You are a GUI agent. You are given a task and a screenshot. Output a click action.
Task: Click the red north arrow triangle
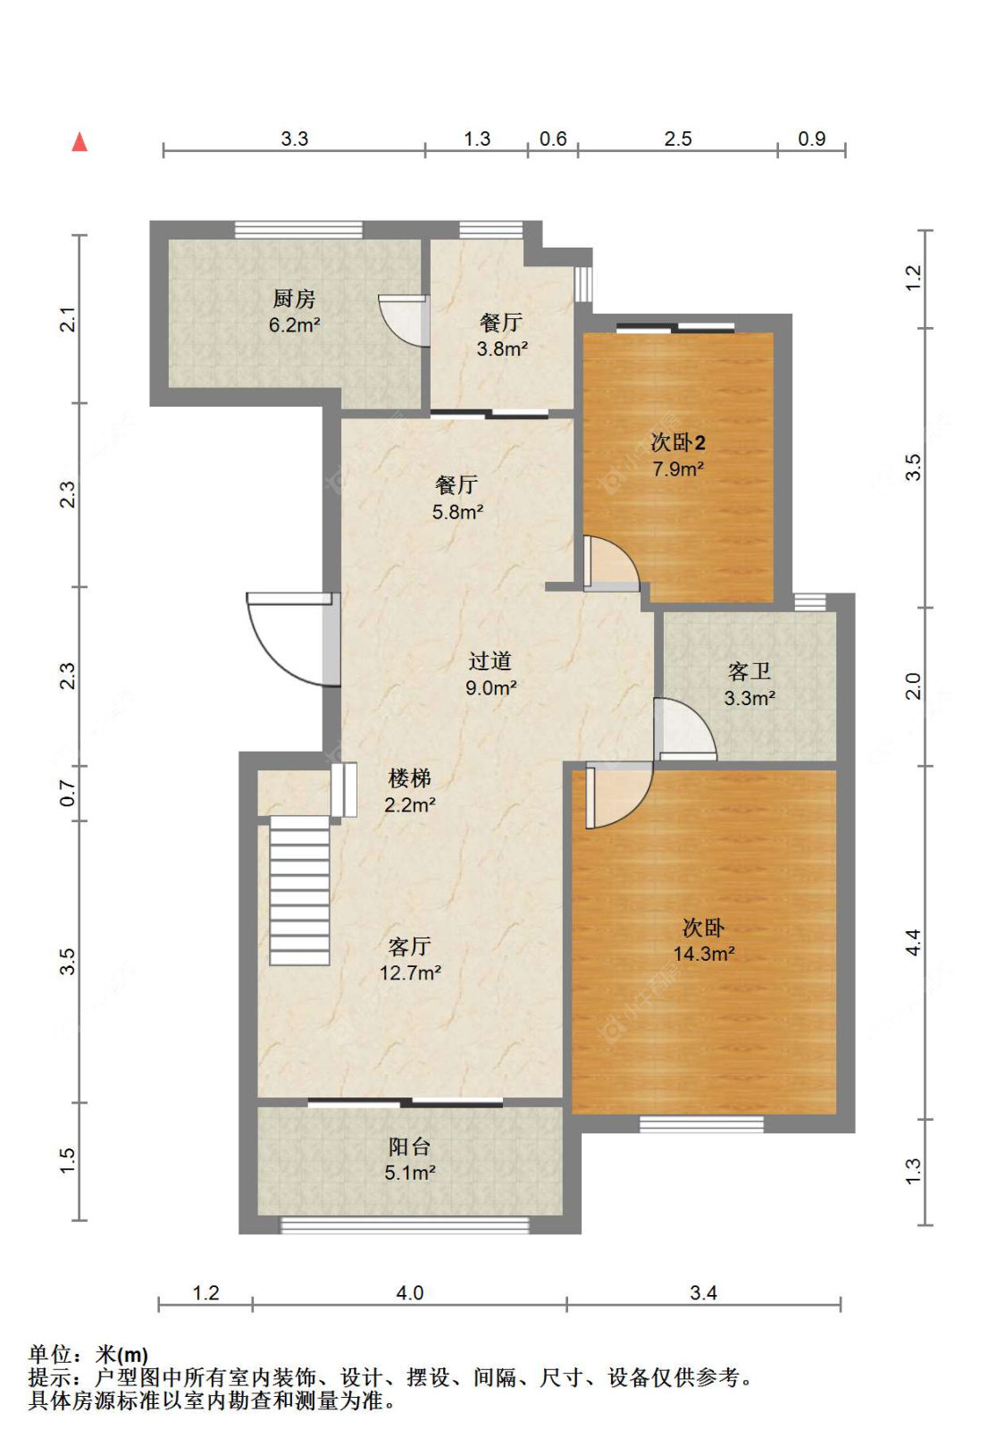(80, 141)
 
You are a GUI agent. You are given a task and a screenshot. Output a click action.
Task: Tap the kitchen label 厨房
(294, 299)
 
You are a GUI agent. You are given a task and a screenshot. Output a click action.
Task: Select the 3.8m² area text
(502, 349)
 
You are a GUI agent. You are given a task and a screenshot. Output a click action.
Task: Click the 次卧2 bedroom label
(678, 443)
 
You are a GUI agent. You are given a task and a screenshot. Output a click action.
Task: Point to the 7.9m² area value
(678, 469)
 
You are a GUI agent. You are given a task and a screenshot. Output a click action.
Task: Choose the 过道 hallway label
(490, 660)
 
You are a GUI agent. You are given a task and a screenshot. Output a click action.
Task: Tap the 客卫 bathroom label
(750, 671)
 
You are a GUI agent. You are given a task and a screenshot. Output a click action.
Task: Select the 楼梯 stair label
(410, 778)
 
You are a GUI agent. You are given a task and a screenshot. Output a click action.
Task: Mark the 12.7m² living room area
(410, 973)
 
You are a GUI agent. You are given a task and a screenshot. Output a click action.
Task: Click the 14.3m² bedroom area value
(704, 954)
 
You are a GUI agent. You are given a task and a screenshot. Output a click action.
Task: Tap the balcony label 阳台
(410, 1148)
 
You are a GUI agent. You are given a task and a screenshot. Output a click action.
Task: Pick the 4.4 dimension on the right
(913, 942)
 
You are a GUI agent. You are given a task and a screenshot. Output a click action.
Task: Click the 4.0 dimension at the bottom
(410, 1293)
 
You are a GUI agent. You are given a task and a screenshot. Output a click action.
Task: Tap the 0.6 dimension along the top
(553, 139)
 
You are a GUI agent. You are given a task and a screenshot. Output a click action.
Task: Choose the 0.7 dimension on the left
(68, 793)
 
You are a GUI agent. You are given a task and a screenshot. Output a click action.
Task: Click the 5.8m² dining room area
(457, 512)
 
